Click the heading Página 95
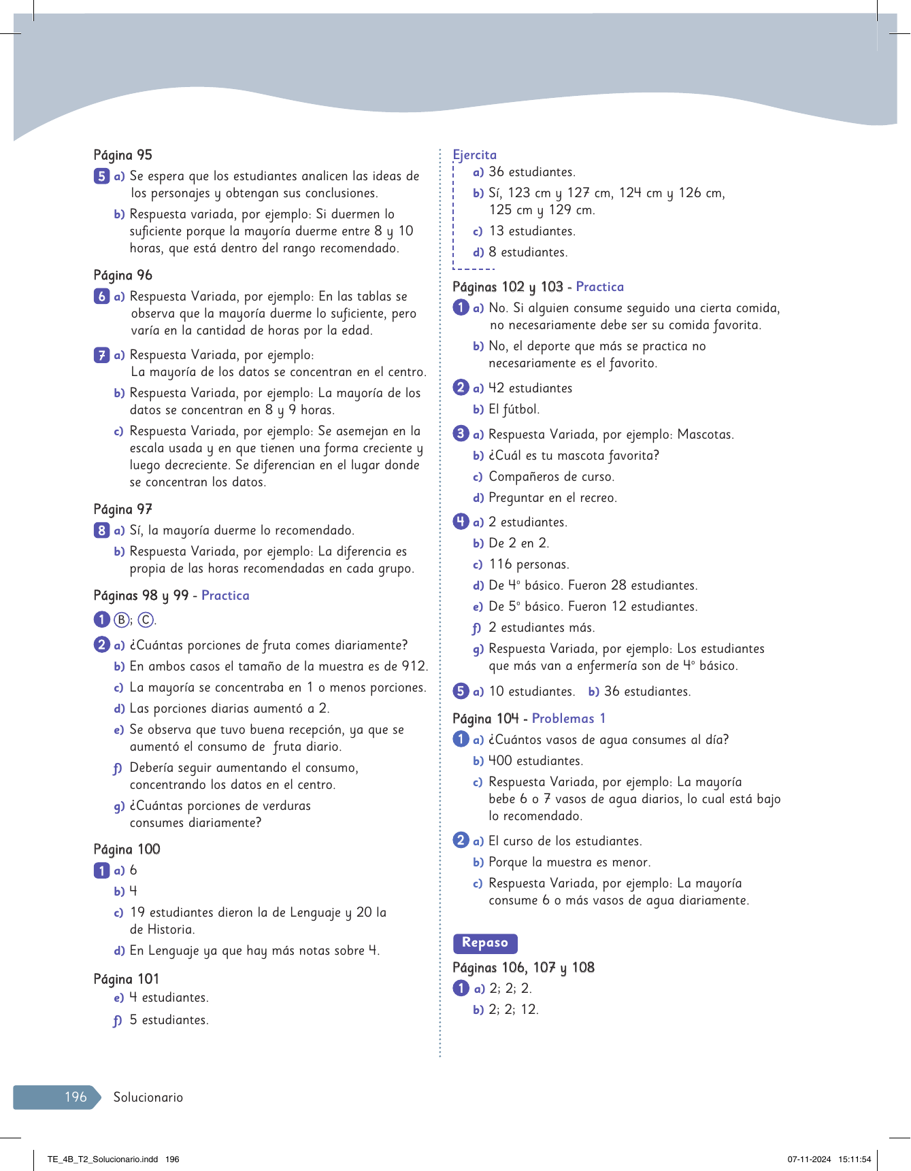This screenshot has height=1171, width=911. [123, 155]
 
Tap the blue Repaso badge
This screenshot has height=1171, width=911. [485, 943]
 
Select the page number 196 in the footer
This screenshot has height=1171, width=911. [76, 1097]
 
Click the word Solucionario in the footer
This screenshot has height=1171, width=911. [148, 1097]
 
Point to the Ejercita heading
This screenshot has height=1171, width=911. [475, 155]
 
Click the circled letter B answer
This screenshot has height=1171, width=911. [121, 620]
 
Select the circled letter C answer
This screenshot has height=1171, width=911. [146, 620]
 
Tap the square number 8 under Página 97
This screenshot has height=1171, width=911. [101, 530]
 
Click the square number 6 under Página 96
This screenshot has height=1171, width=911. [101, 296]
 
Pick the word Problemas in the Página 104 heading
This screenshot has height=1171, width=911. [563, 719]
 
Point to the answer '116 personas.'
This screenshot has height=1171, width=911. [529, 564]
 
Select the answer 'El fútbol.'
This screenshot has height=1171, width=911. [514, 409]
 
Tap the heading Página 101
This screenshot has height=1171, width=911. [127, 979]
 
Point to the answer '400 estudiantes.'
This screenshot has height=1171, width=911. [535, 761]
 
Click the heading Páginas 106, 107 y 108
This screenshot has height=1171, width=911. [524, 968]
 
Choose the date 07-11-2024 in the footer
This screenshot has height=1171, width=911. [810, 1159]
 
